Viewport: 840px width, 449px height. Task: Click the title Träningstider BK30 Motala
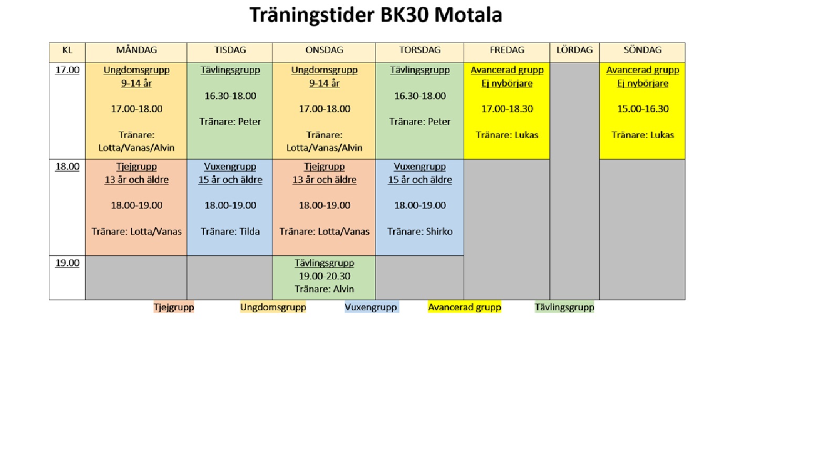375,15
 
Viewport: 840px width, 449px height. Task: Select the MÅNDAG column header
136,50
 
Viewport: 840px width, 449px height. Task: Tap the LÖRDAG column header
574,50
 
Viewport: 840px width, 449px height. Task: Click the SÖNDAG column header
643,50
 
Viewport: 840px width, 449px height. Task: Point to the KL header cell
67,50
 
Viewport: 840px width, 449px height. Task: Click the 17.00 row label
68,70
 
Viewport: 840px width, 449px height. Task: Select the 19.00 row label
68,263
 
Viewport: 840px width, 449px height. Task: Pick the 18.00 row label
68,166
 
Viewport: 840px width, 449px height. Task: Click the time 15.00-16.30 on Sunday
643,109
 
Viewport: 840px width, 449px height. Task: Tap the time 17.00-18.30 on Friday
507,109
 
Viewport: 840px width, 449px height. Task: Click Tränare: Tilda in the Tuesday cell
230,232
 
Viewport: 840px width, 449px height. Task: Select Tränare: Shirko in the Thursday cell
420,232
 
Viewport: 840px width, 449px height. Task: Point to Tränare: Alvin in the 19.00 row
324,289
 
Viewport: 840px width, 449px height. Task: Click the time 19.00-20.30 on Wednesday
324,276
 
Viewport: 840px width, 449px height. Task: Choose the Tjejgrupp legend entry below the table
174,308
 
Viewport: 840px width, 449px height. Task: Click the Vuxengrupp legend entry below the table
371,308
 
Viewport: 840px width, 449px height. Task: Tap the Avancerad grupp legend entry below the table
465,308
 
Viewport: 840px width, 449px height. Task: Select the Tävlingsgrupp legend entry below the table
564,308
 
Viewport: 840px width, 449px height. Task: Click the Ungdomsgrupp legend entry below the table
273,308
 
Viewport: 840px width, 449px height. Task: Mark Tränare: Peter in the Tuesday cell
230,122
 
